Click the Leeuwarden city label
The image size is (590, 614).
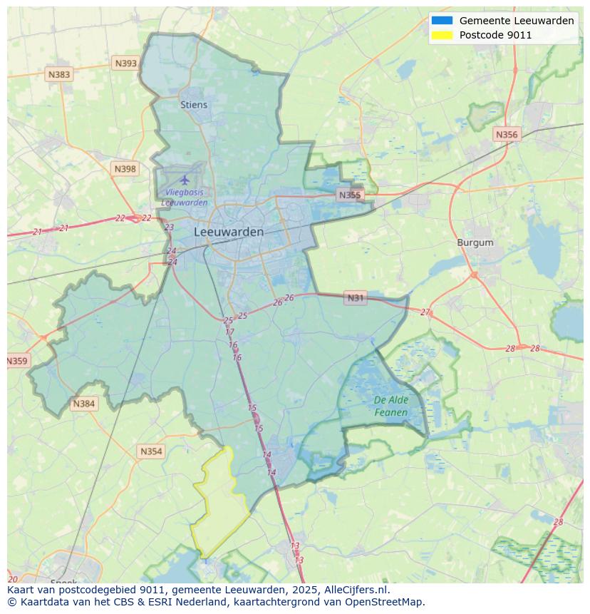point(228,232)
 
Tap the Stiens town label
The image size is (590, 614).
point(194,105)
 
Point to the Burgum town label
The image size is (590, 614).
point(475,242)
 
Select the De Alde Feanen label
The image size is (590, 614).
point(390,406)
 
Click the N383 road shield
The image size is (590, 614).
point(59,74)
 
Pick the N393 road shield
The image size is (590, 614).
point(125,63)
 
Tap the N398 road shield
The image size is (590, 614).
point(125,169)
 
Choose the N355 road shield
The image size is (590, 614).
point(350,195)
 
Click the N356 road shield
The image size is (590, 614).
point(507,134)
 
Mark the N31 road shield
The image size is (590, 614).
point(355,298)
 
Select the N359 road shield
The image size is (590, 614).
point(17,361)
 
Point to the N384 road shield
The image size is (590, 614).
point(83,404)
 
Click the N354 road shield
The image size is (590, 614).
point(151,451)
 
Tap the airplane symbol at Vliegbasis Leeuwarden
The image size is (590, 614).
point(185,180)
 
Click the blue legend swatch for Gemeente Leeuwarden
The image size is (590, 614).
point(442,21)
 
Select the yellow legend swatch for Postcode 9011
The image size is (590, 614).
point(442,35)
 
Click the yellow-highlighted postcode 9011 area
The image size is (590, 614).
point(219,503)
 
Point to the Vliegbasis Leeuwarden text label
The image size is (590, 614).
point(185,198)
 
